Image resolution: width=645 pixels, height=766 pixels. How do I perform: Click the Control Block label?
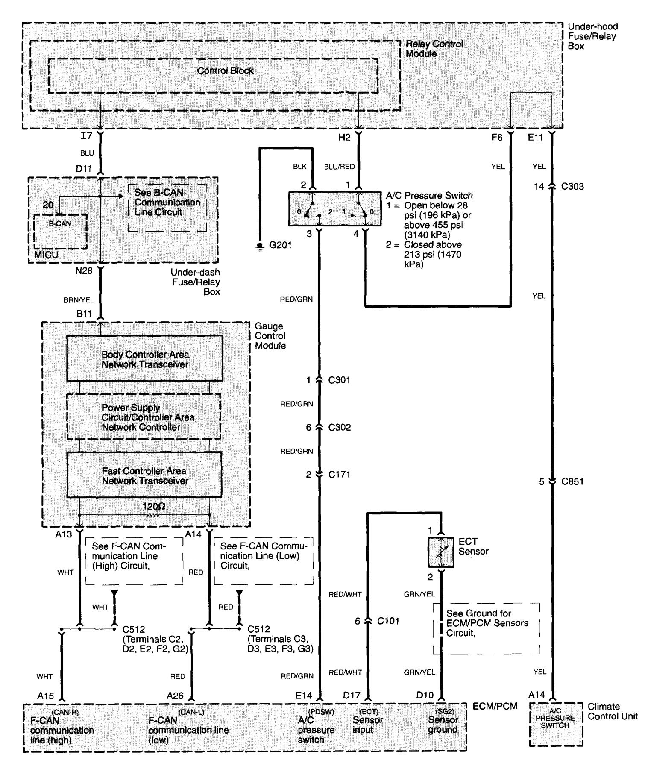pyautogui.click(x=225, y=71)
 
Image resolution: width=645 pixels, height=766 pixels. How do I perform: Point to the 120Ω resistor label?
pyautogui.click(x=154, y=507)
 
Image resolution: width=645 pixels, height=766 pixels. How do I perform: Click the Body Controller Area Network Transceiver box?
pyautogui.click(x=144, y=359)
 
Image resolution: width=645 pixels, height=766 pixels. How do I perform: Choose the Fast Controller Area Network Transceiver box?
pyautogui.click(x=144, y=475)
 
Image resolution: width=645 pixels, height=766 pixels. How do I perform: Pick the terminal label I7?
pyautogui.click(x=86, y=136)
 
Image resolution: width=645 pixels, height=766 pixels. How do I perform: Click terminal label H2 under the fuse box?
pyautogui.click(x=344, y=137)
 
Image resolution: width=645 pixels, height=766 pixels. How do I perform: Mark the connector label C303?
pyautogui.click(x=572, y=187)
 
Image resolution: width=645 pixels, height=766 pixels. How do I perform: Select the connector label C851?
pyautogui.click(x=572, y=482)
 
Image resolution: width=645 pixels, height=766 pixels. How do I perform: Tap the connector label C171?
pyautogui.click(x=339, y=474)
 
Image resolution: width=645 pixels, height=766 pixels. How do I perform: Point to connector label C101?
pyautogui.click(x=388, y=621)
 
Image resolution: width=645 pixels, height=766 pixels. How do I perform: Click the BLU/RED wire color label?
pyautogui.click(x=339, y=167)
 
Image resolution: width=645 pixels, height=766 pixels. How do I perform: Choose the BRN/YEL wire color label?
pyautogui.click(x=79, y=300)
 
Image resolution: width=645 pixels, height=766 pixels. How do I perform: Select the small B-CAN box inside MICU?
pyautogui.click(x=60, y=232)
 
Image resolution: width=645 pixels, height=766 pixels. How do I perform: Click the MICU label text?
pyautogui.click(x=46, y=255)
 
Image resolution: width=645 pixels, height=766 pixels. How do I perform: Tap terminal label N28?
pyautogui.click(x=84, y=271)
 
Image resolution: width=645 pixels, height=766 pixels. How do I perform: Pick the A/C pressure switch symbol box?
pyautogui.click(x=334, y=209)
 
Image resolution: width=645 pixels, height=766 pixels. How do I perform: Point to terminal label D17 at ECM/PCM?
pyautogui.click(x=352, y=696)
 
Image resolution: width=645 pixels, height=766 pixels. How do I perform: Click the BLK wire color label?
pyautogui.click(x=299, y=167)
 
